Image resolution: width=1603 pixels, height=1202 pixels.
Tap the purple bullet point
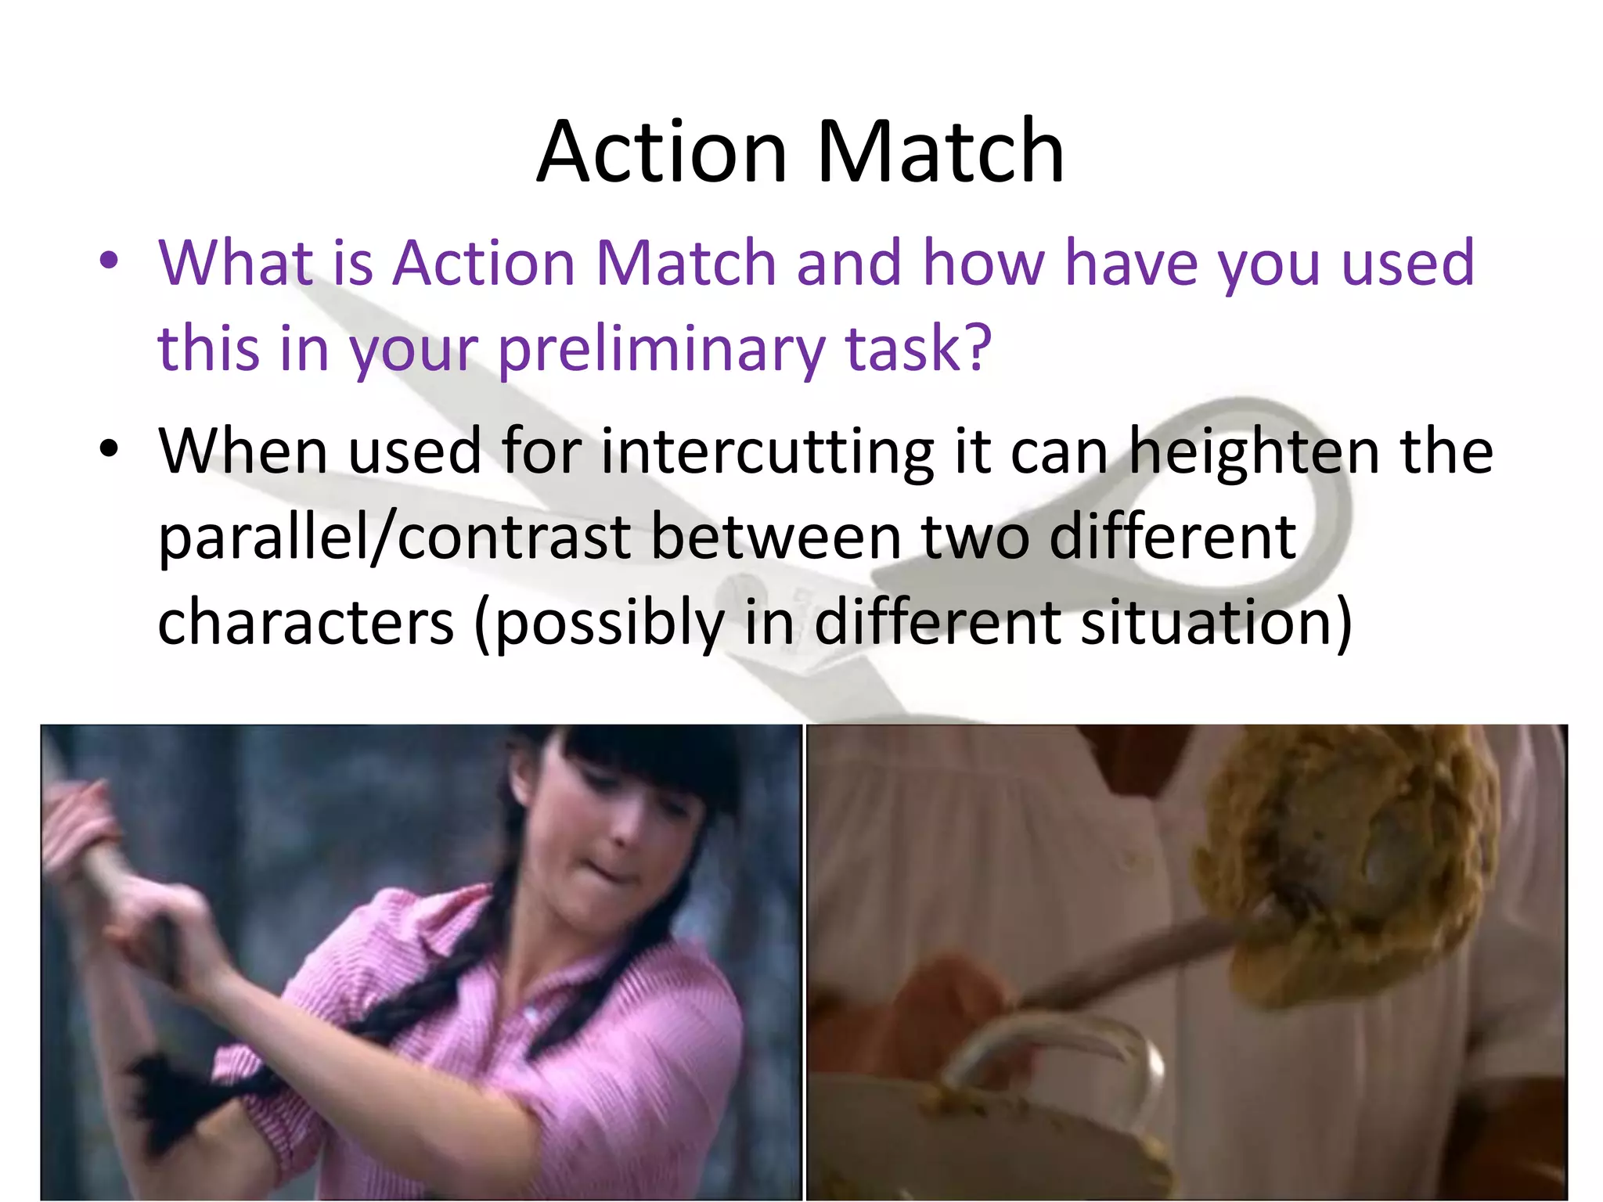coord(109,261)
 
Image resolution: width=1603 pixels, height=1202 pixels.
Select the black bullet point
coord(109,449)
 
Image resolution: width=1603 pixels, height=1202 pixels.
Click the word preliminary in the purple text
coord(661,349)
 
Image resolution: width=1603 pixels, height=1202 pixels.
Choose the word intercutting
coord(767,452)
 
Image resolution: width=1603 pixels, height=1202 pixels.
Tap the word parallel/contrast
coord(394,538)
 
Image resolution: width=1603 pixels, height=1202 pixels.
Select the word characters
coord(305,623)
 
